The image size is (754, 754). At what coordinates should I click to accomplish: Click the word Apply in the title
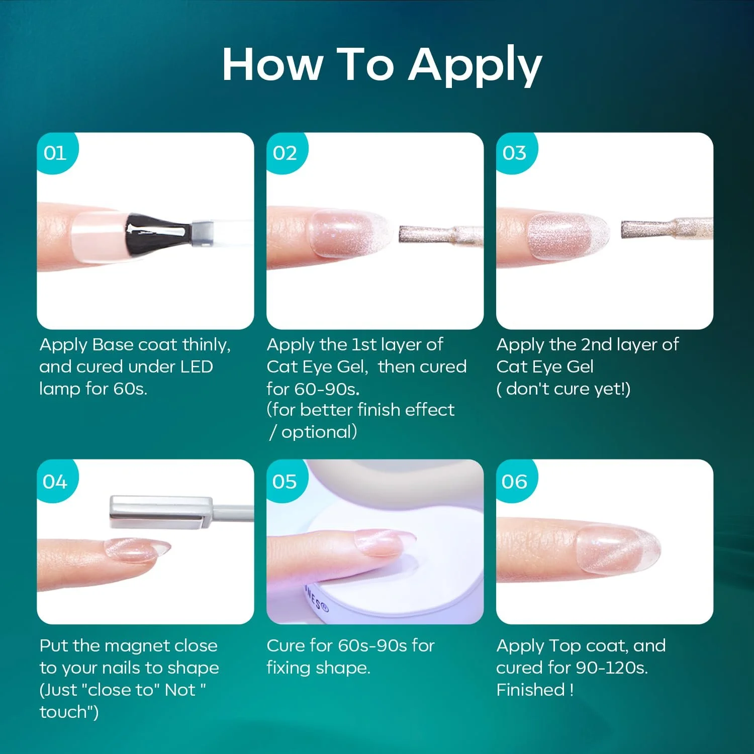coord(475,66)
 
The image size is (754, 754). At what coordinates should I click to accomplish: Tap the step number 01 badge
coord(56,152)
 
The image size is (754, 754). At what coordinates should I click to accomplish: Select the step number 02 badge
coord(286,152)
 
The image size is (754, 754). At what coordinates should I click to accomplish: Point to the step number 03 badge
coord(515,152)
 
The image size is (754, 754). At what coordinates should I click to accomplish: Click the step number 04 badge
coord(56,481)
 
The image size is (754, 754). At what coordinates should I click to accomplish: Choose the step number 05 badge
coord(286,481)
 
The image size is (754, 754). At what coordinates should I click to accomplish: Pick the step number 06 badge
coord(515,481)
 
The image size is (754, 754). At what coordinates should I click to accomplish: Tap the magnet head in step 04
coord(161,512)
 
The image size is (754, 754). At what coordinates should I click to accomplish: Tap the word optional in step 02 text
coord(319,432)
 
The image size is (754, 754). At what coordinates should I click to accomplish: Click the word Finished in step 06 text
coord(531,689)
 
